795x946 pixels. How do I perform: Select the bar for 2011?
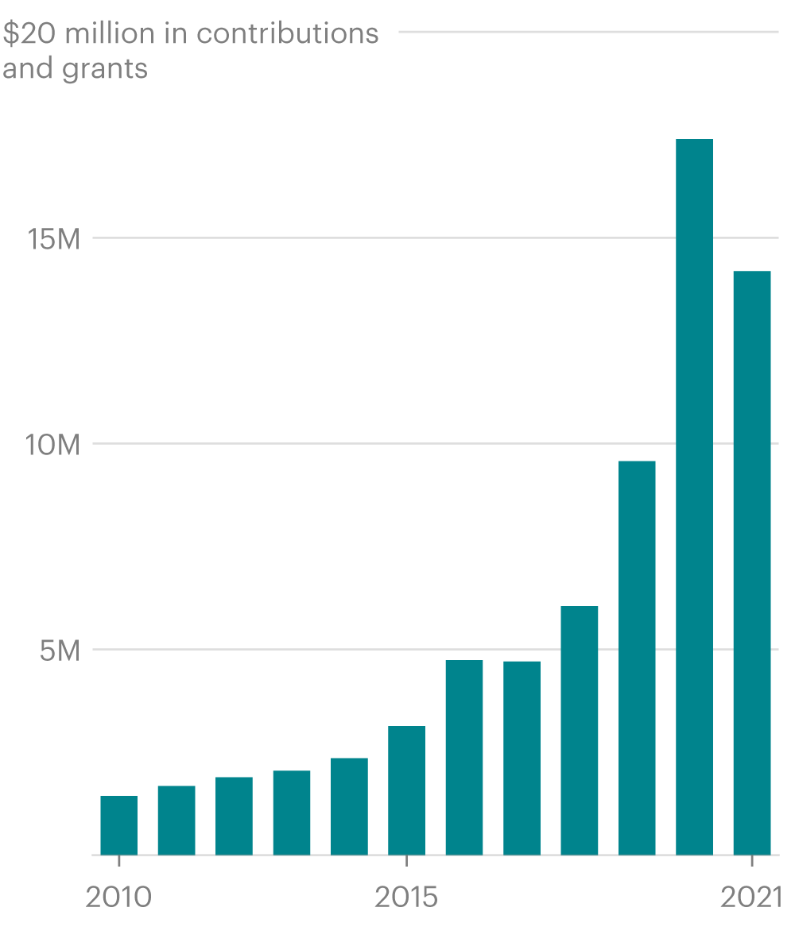[176, 820]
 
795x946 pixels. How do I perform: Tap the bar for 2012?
[234, 815]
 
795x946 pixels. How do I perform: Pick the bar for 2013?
[292, 812]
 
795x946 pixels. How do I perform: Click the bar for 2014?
[349, 805]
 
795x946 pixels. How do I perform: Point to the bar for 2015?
[406, 790]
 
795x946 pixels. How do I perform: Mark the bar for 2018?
[580, 730]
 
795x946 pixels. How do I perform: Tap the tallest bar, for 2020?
[694, 496]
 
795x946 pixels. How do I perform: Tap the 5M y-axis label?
[60, 650]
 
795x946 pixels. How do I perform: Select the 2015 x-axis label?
[406, 898]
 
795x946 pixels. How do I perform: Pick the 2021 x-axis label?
[751, 898]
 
